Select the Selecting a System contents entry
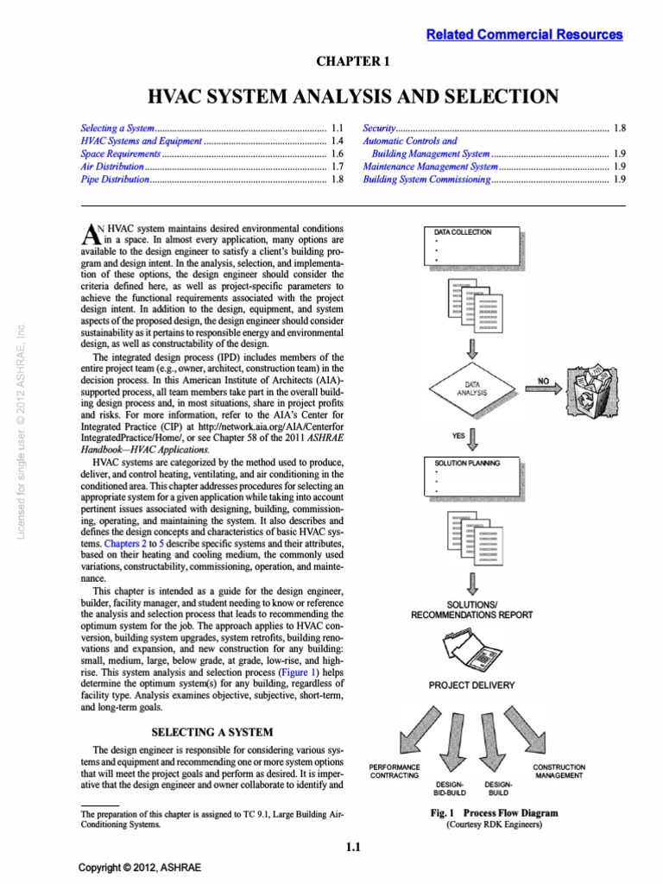click(116, 127)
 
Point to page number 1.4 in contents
click(338, 140)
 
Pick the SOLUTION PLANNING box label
click(467, 463)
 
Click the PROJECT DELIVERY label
click(472, 685)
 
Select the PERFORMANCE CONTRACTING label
click(394, 771)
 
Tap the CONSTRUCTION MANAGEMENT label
click(559, 771)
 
